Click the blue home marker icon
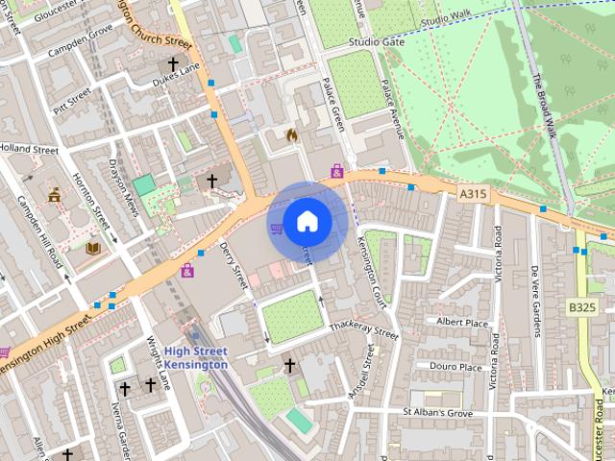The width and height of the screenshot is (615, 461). pos(307,222)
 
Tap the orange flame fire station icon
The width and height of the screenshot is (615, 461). pos(292,135)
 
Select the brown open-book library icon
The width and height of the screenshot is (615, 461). pos(93,248)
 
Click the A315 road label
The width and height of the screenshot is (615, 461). pos(473,194)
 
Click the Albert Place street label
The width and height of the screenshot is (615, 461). pos(462,322)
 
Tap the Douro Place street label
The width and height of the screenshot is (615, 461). pos(455,367)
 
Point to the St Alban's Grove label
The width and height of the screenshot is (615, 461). pos(437,413)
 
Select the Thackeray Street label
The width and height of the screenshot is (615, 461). pos(363,331)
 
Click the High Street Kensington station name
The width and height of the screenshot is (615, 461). pos(196,357)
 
